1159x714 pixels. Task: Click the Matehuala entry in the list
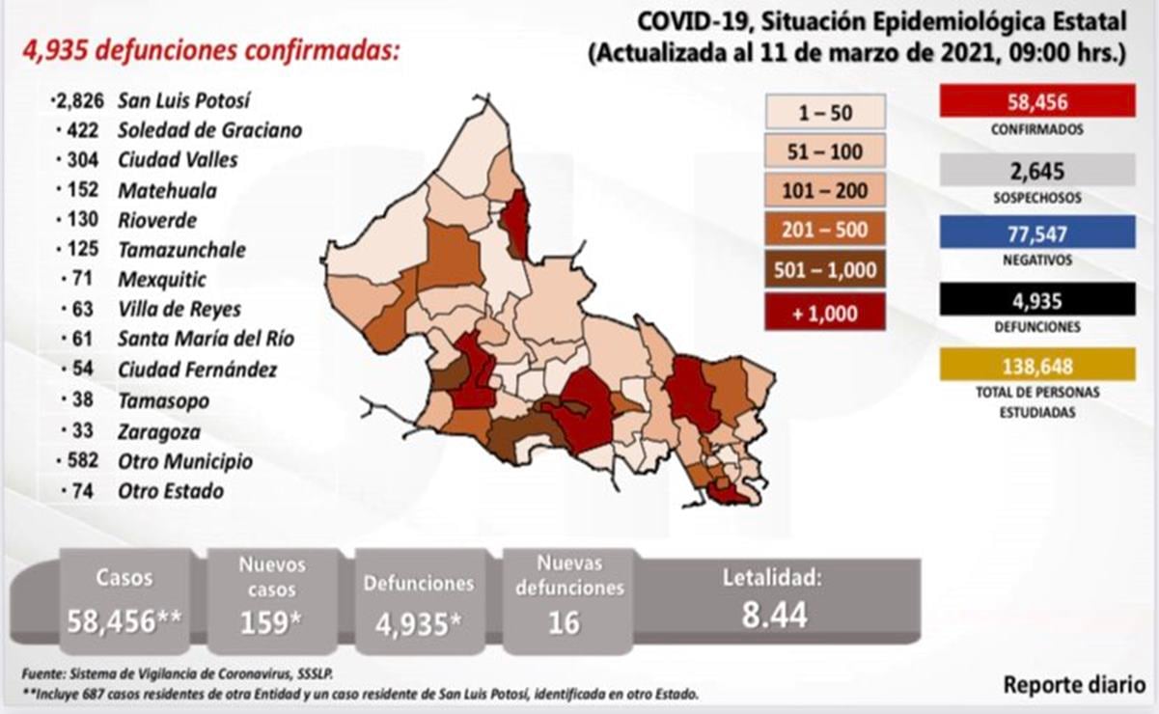167,190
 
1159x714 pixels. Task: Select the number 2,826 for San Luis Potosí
80,100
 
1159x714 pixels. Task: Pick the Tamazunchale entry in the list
181,250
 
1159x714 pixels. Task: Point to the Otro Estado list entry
170,491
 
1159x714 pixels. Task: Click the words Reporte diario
1074,685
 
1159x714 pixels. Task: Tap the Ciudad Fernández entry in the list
197,370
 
